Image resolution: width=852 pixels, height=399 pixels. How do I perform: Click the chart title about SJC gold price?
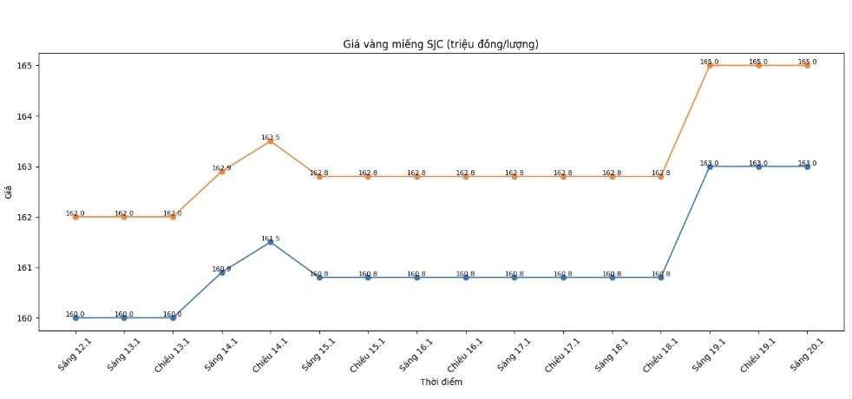(x=442, y=44)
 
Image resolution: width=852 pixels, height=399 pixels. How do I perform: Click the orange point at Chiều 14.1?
(x=271, y=141)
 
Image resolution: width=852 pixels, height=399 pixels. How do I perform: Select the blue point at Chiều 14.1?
(x=271, y=242)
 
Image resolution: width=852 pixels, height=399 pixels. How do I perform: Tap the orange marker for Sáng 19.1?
(x=710, y=65)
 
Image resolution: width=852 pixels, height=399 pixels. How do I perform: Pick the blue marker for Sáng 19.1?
(x=710, y=167)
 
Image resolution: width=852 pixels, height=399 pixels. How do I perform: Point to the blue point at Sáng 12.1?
(x=75, y=318)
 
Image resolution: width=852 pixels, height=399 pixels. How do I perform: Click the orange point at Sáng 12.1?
(x=75, y=217)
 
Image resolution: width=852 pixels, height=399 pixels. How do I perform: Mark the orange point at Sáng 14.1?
(x=222, y=172)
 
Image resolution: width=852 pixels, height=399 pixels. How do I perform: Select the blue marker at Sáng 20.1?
(x=807, y=167)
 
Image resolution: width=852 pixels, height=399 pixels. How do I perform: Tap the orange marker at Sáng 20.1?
(x=807, y=65)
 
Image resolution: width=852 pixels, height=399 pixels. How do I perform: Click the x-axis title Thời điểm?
(x=442, y=383)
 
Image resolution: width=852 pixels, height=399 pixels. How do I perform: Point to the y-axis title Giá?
(x=8, y=193)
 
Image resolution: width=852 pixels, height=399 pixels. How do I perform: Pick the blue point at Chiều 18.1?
(x=661, y=278)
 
